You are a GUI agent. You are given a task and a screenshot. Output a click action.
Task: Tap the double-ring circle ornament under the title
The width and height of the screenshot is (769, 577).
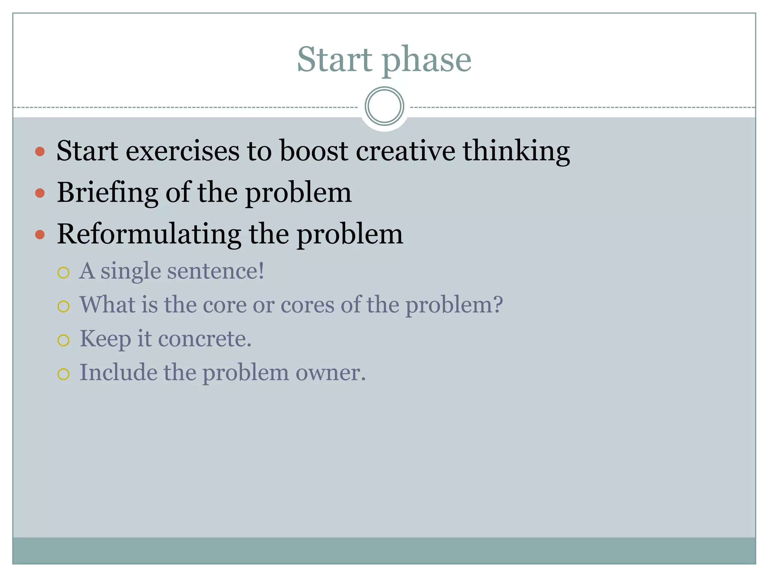[384, 106]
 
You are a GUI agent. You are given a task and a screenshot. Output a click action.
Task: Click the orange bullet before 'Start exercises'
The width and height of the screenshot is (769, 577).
[40, 152]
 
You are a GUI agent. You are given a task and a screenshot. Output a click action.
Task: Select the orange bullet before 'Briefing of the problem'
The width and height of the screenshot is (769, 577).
[40, 193]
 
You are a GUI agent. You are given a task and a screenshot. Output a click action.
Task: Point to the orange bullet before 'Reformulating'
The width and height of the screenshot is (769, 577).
[40, 235]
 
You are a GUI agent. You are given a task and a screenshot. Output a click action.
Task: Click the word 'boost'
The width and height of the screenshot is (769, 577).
[314, 151]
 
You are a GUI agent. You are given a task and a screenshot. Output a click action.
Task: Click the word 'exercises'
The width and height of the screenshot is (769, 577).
[182, 151]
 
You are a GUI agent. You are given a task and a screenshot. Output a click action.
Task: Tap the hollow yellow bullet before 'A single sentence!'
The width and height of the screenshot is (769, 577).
[63, 272]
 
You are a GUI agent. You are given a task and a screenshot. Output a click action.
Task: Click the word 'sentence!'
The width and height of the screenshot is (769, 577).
[216, 271]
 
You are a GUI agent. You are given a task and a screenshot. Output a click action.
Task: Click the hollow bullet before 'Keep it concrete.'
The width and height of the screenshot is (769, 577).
[63, 340]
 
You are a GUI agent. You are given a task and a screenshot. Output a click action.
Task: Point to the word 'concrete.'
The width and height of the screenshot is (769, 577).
[205, 339]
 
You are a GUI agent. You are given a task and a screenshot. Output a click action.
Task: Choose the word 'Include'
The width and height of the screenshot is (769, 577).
[118, 373]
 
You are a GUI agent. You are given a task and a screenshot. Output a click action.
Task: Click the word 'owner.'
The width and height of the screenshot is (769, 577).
[330, 373]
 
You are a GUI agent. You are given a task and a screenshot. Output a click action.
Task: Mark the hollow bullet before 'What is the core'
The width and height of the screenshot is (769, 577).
[63, 307]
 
